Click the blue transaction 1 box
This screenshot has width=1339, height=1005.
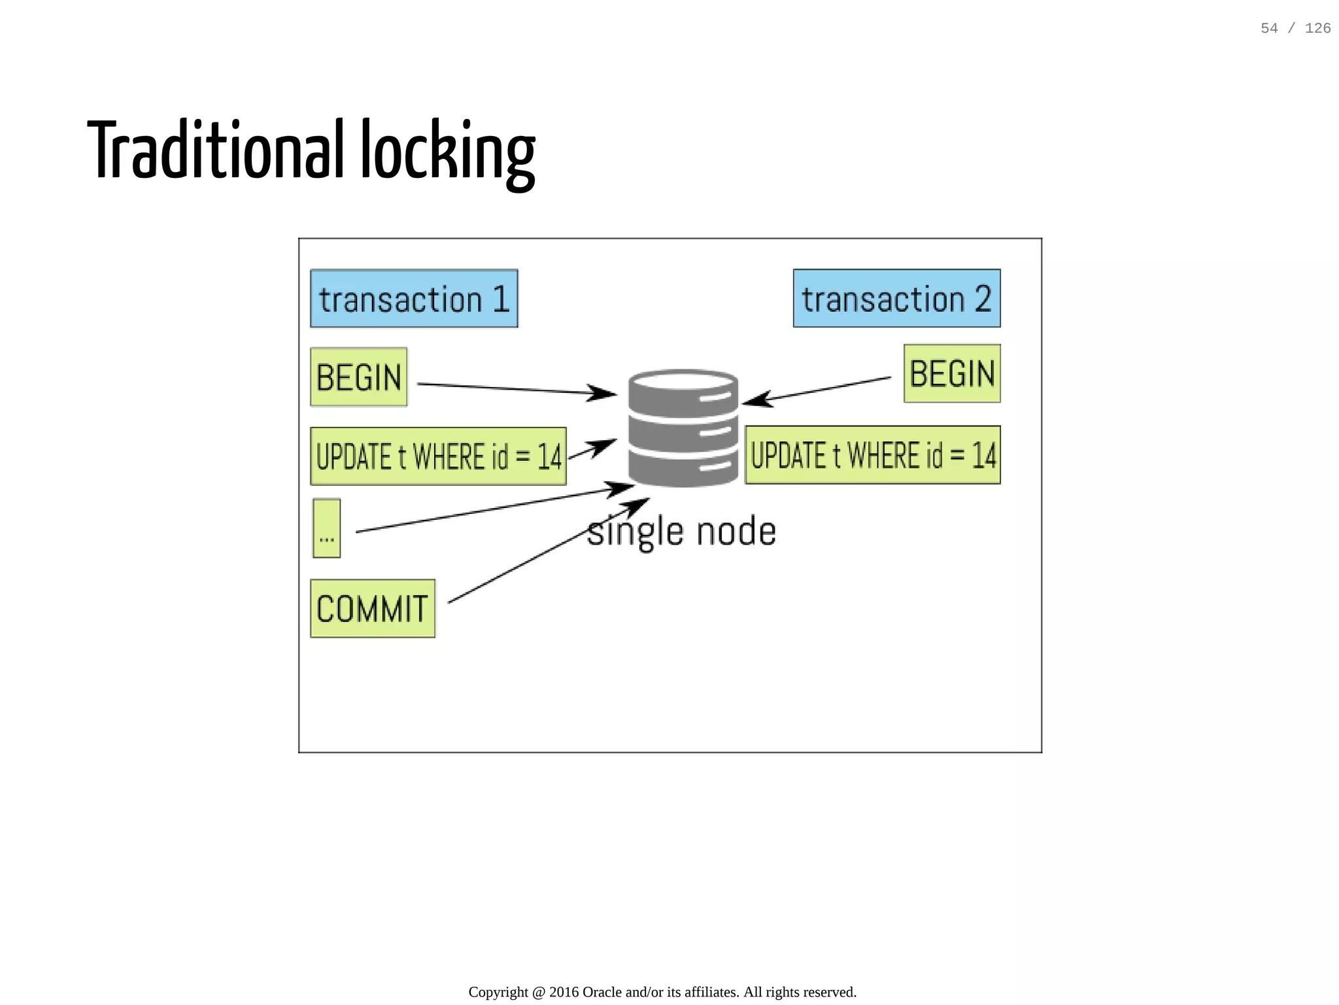click(414, 298)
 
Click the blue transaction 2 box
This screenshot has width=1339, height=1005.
click(896, 298)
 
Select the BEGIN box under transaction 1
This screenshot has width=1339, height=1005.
click(358, 377)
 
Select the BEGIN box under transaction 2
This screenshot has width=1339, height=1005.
click(952, 373)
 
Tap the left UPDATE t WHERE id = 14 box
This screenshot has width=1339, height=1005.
click(438, 456)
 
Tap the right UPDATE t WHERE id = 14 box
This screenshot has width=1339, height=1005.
click(873, 455)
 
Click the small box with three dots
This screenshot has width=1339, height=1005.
click(326, 528)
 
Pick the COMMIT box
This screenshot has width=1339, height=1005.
click(372, 609)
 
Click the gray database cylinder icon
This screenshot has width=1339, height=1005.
click(683, 428)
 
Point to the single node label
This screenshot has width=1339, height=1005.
click(682, 532)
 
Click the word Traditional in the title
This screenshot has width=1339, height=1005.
click(216, 150)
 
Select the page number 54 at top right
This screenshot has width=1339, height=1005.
click(1269, 28)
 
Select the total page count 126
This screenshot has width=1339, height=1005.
click(1317, 28)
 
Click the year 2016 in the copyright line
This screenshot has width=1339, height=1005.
click(564, 992)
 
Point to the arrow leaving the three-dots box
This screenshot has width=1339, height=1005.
click(490, 510)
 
